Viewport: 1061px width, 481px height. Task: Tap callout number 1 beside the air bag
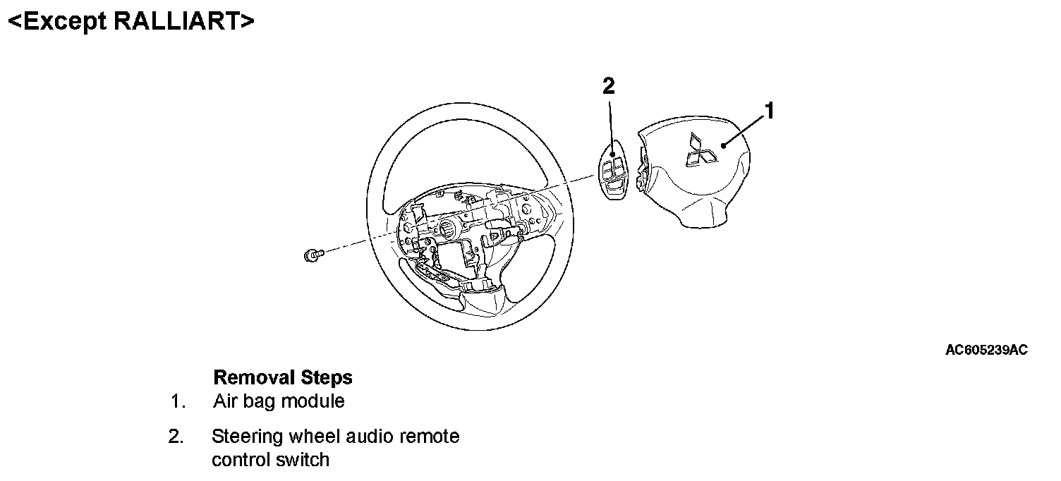pos(770,111)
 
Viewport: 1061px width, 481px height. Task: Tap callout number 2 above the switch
pos(608,87)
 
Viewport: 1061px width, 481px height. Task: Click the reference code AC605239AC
pos(986,350)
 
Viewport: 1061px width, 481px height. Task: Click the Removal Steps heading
pos(282,377)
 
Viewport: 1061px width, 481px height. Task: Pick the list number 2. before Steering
pos(176,437)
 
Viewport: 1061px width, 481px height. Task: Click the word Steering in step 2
pos(245,437)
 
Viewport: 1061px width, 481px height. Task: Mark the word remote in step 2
pos(430,437)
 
